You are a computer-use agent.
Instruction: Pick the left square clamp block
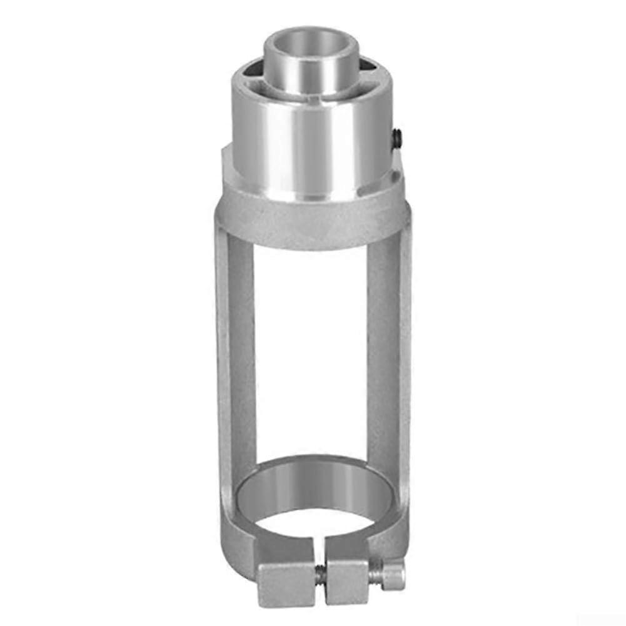[x=287, y=583]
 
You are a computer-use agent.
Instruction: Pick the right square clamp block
[x=348, y=581]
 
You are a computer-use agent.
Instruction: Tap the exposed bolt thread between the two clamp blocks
[x=320, y=575]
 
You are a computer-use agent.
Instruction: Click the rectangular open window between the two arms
[x=311, y=350]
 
